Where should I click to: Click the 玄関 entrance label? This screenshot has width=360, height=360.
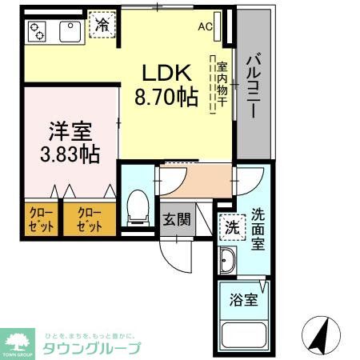point(176,219)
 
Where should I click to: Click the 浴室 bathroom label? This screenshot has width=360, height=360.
point(244,300)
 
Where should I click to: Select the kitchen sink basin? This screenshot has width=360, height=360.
point(68,31)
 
